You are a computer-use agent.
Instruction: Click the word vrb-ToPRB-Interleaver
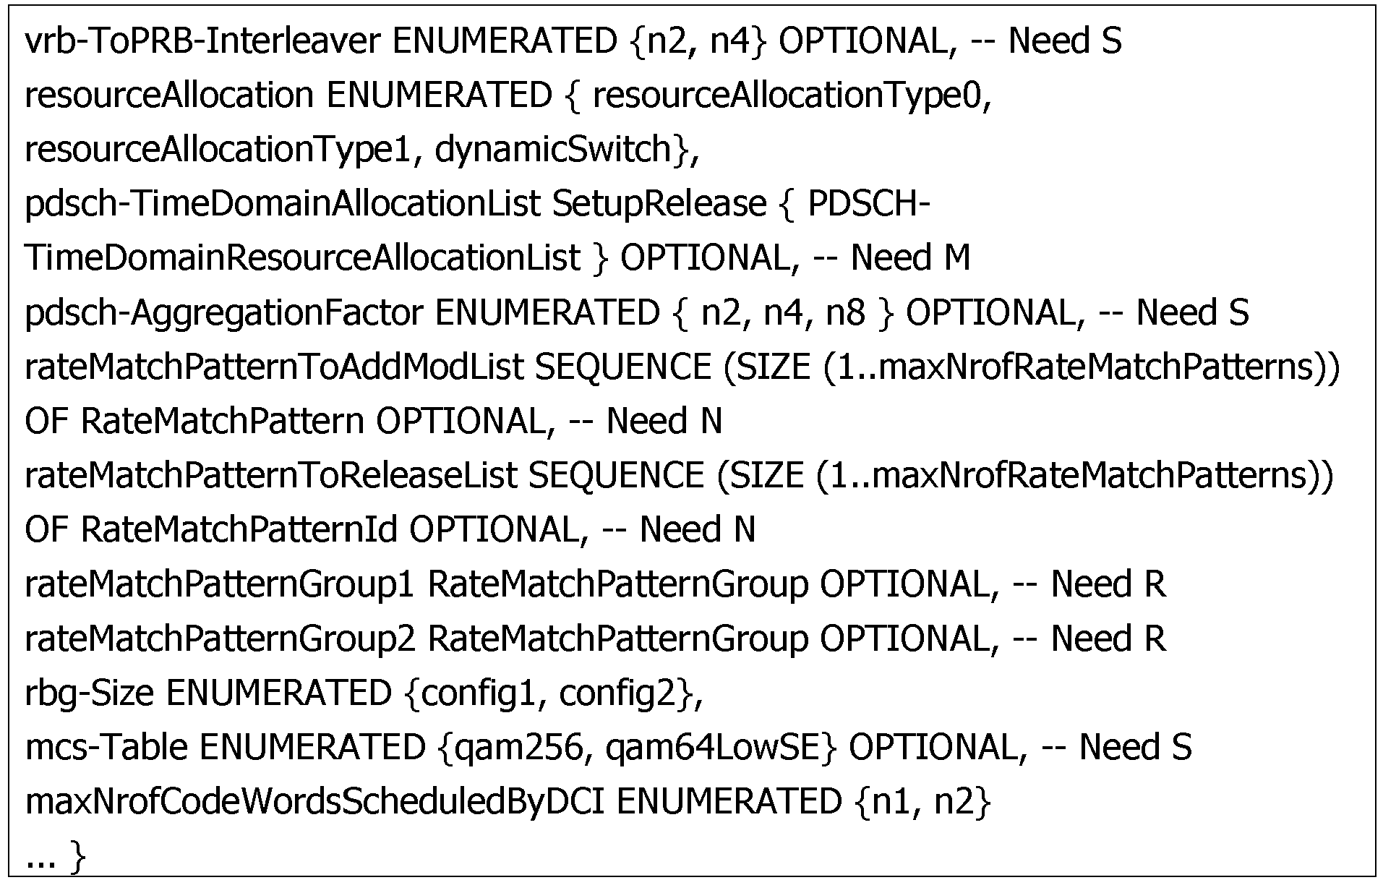pyautogui.click(x=202, y=41)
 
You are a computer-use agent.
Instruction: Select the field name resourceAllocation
pyautogui.click(x=169, y=95)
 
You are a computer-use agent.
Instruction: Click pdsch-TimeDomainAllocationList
pyautogui.click(x=283, y=204)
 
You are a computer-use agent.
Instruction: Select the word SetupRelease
pyautogui.click(x=659, y=205)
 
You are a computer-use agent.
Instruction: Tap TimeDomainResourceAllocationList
pyautogui.click(x=302, y=258)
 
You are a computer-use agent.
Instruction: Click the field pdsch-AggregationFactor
pyautogui.click(x=224, y=313)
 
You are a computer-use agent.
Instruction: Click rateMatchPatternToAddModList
pyautogui.click(x=274, y=367)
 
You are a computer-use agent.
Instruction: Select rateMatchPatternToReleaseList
pyautogui.click(x=271, y=475)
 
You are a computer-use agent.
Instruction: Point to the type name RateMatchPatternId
pyautogui.click(x=239, y=529)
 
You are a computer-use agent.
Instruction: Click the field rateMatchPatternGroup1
pyautogui.click(x=220, y=584)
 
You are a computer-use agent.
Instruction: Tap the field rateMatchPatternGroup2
pyautogui.click(x=220, y=638)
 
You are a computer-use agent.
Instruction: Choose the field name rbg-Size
pyautogui.click(x=90, y=693)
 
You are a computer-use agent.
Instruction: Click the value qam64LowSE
pyautogui.click(x=712, y=747)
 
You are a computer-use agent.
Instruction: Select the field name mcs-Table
pyautogui.click(x=106, y=747)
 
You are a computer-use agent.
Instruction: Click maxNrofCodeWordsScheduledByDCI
pyautogui.click(x=314, y=801)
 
